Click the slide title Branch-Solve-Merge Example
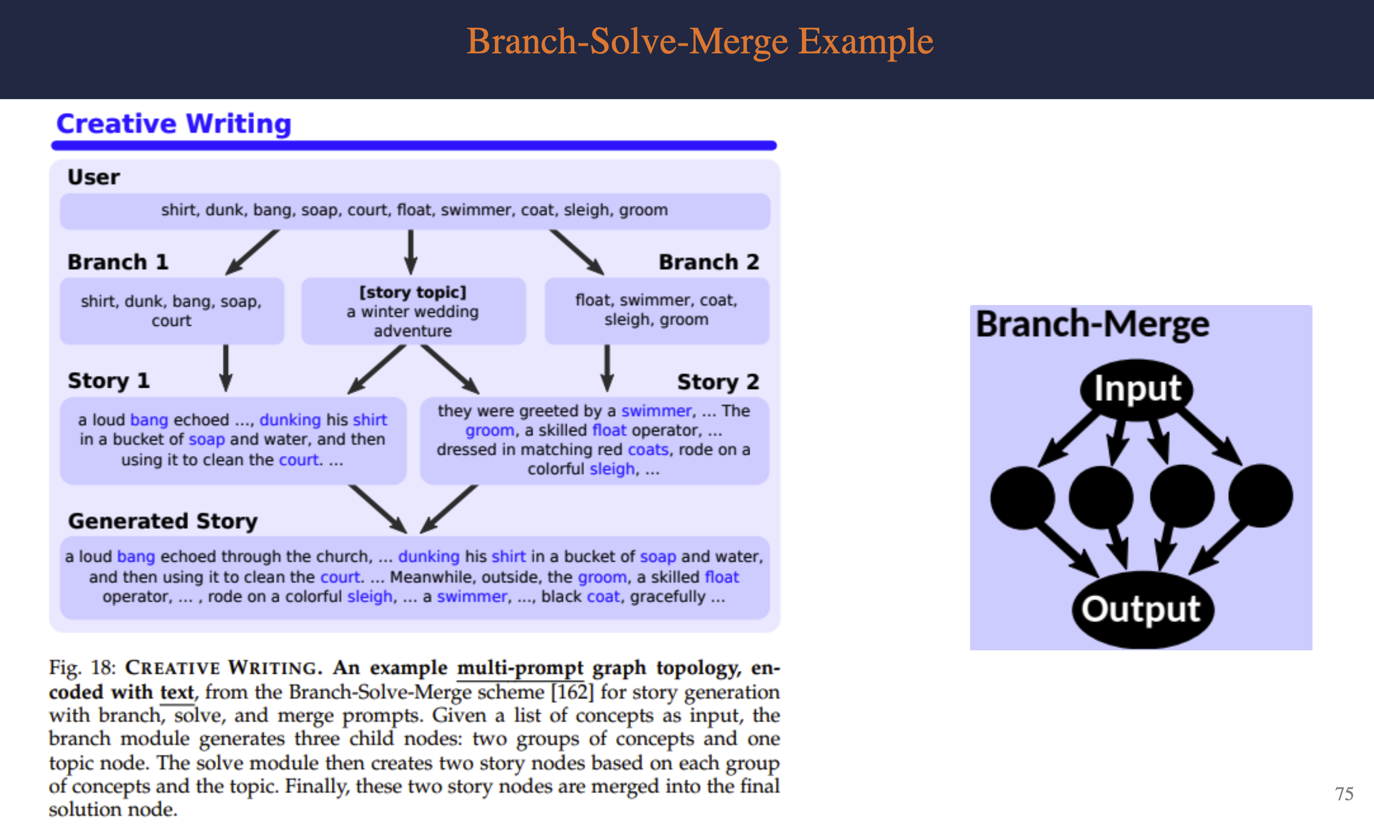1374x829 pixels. click(700, 42)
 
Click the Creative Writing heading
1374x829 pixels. click(174, 123)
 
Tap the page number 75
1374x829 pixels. click(1344, 793)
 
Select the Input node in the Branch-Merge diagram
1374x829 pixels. click(1137, 389)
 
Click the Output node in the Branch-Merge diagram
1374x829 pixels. click(1141, 609)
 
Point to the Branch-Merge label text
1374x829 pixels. click(1093, 325)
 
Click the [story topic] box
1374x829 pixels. click(413, 312)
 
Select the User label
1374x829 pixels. click(93, 178)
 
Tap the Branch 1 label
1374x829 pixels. click(118, 262)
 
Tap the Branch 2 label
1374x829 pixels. click(709, 262)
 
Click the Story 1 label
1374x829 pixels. click(108, 381)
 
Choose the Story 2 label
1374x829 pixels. click(717, 382)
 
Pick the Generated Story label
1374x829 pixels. click(162, 521)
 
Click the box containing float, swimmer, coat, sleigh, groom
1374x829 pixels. click(657, 310)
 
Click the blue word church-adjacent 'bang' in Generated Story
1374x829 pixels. click(136, 557)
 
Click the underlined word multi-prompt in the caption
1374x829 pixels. click(520, 668)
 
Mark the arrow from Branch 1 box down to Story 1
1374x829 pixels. click(225, 368)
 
